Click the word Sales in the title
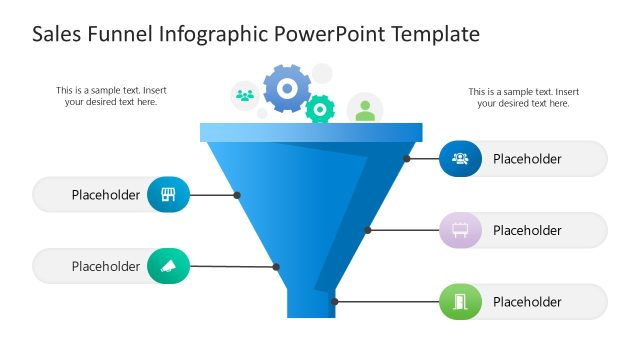click(58, 35)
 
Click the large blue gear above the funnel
click(287, 90)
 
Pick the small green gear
click(320, 108)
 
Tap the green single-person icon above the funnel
click(365, 110)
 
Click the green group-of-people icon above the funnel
click(245, 96)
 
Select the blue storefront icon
click(168, 195)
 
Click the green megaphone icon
click(168, 266)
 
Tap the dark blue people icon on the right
click(460, 158)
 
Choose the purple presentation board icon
click(460, 230)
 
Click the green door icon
click(460, 302)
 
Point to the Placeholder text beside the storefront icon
click(106, 195)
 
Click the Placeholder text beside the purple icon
click(527, 230)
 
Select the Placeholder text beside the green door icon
click(527, 302)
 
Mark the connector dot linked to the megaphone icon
click(277, 267)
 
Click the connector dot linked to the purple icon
click(368, 230)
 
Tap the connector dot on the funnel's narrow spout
click(335, 302)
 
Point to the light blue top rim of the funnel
click(311, 132)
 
